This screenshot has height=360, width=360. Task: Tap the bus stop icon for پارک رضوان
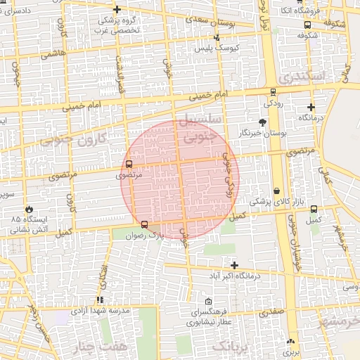pyautogui.click(x=144, y=224)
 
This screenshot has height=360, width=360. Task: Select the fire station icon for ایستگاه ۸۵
pyautogui.click(x=29, y=209)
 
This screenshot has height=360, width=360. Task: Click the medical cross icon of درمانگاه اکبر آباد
pyautogui.click(x=234, y=265)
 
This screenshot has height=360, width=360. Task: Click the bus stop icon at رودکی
pyautogui.click(x=273, y=92)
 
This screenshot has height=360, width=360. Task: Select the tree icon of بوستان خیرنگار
pyautogui.click(x=262, y=122)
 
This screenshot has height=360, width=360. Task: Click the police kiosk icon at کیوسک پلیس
pyautogui.click(x=216, y=37)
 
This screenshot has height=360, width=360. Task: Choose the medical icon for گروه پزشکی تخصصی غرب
pyautogui.click(x=117, y=9)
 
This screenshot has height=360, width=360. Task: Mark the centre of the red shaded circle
pyautogui.click(x=180, y=179)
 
